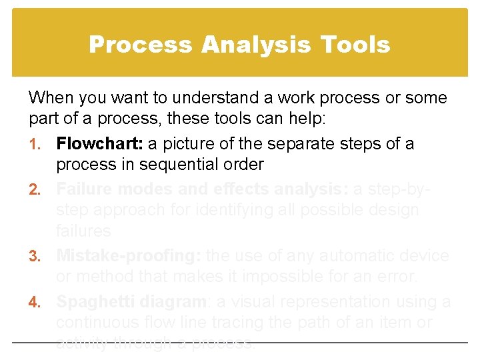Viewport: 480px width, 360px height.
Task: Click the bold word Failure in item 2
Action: pos(83,189)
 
